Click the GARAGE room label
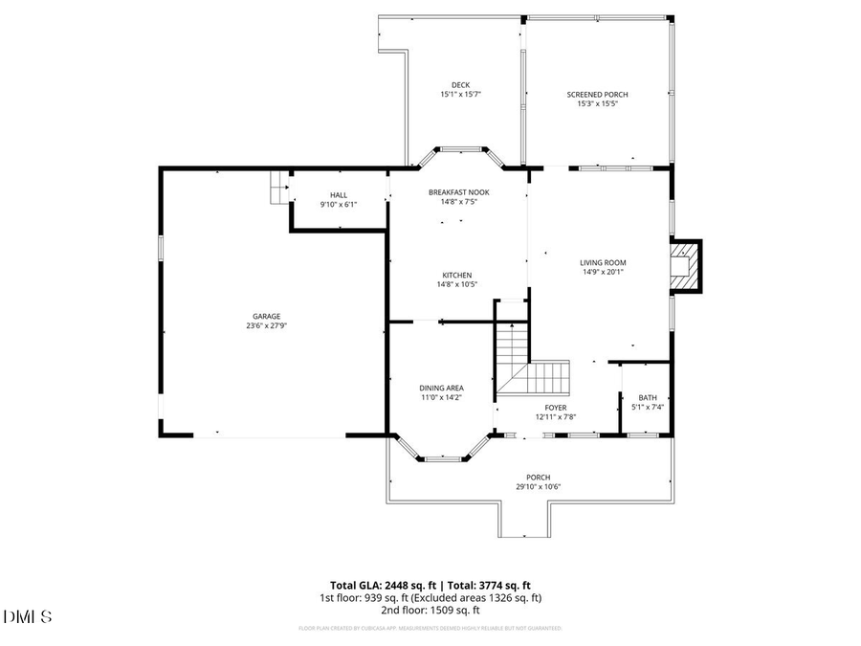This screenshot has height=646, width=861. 266,316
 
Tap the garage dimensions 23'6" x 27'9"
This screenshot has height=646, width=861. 266,325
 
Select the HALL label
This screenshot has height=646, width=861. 338,194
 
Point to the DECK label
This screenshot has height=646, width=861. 460,84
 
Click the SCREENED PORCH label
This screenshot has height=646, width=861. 597,94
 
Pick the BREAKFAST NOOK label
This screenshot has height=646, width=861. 458,191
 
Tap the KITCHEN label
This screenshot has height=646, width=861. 456,275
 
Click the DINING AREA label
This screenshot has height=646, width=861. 441,388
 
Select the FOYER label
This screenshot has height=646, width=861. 556,408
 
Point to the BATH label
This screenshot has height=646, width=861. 648,397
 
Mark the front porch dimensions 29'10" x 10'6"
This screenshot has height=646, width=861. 538,486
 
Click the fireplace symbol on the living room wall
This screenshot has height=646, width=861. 685,264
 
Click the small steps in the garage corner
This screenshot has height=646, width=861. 277,188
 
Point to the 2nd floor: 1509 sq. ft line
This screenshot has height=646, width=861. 430,610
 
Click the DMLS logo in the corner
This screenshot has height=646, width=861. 28,615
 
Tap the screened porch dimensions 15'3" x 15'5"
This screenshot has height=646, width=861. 597,103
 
